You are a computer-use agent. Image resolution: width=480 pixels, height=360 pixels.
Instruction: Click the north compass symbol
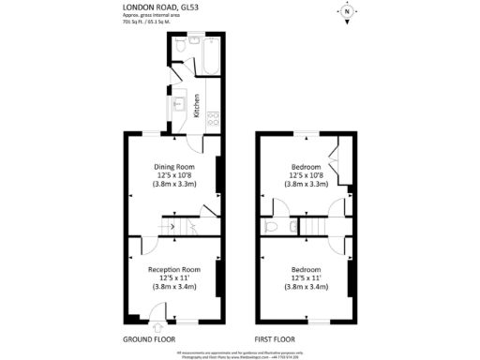coord(346,12)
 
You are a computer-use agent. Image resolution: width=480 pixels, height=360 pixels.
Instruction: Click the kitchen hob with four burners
coord(213,117)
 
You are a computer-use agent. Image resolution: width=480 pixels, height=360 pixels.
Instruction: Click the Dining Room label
coord(173,167)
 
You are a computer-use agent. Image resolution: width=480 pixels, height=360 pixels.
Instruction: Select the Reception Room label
coord(174,269)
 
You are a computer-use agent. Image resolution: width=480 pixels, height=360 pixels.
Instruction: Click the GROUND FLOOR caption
coord(149,337)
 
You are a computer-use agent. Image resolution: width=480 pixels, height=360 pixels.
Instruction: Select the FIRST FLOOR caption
coord(276,337)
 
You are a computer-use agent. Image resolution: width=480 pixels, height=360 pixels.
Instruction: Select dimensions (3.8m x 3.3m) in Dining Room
coord(173,185)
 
